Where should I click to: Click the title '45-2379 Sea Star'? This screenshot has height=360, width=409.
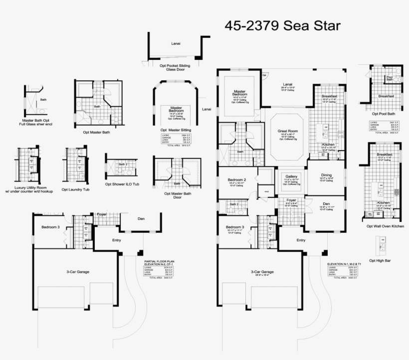tap(283, 26)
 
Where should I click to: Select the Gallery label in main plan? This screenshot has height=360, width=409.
tap(291, 177)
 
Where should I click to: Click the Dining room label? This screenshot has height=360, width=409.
tap(326, 175)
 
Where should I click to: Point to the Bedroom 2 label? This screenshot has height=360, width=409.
tap(237, 180)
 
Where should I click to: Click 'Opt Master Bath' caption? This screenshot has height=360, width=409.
tap(97, 132)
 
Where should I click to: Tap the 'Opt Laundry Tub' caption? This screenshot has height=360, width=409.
tap(76, 176)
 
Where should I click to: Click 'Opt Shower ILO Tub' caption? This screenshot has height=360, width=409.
tap(122, 183)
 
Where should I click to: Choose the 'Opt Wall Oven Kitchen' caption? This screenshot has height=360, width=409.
tap(385, 226)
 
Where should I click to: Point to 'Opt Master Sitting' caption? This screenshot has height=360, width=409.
tap(176, 130)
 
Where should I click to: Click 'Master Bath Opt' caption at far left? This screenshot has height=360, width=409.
tap(39, 121)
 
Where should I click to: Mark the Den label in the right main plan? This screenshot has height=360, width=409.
tap(326, 204)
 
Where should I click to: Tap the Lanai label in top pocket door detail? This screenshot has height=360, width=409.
tap(176, 43)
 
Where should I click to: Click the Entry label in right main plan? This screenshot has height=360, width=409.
tap(301, 240)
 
